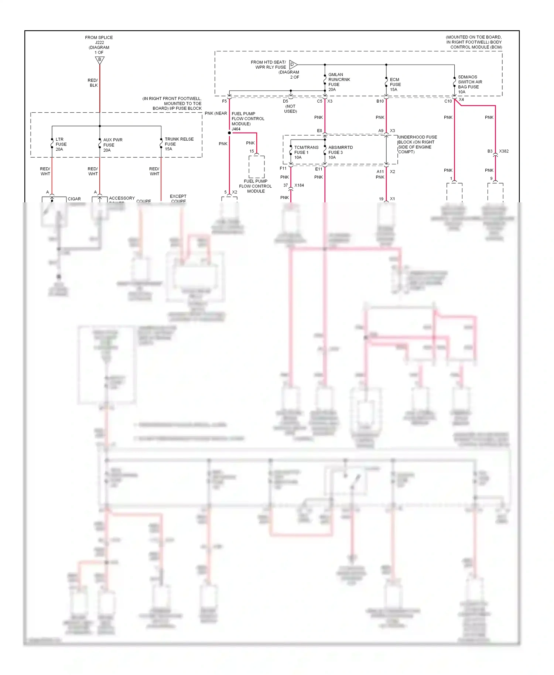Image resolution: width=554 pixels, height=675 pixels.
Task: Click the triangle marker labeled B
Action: [100, 60]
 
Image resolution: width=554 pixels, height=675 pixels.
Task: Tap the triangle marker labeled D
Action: [293, 65]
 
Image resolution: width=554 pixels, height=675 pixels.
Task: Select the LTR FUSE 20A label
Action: [61, 144]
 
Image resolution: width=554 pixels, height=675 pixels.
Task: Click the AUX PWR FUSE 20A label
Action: [112, 145]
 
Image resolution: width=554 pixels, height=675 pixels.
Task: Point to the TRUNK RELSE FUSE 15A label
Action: [179, 144]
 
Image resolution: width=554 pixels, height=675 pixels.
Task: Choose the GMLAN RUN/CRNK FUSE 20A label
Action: [339, 82]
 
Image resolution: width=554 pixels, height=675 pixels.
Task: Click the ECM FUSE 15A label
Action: [395, 85]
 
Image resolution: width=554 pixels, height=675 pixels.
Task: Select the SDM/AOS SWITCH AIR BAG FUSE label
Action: [469, 85]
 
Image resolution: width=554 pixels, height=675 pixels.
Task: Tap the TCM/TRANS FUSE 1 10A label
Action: [306, 153]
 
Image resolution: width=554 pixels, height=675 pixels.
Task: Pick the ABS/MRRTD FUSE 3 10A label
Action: [340, 153]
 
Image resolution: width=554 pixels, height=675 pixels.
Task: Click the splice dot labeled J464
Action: [229, 133]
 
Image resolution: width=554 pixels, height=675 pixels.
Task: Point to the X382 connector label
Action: [503, 151]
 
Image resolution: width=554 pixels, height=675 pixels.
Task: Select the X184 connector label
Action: [299, 185]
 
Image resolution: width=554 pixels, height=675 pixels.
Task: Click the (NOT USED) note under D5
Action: [290, 109]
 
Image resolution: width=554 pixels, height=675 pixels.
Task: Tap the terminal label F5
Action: [224, 101]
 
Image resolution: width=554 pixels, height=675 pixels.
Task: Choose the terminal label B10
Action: [380, 101]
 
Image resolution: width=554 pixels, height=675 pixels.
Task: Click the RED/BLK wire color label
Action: [93, 83]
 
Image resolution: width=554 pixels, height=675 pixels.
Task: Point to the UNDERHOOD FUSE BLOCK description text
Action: [417, 145]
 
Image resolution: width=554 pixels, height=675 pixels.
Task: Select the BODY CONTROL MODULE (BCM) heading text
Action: [474, 42]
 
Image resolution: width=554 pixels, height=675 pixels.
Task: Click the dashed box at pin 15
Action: [256, 167]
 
